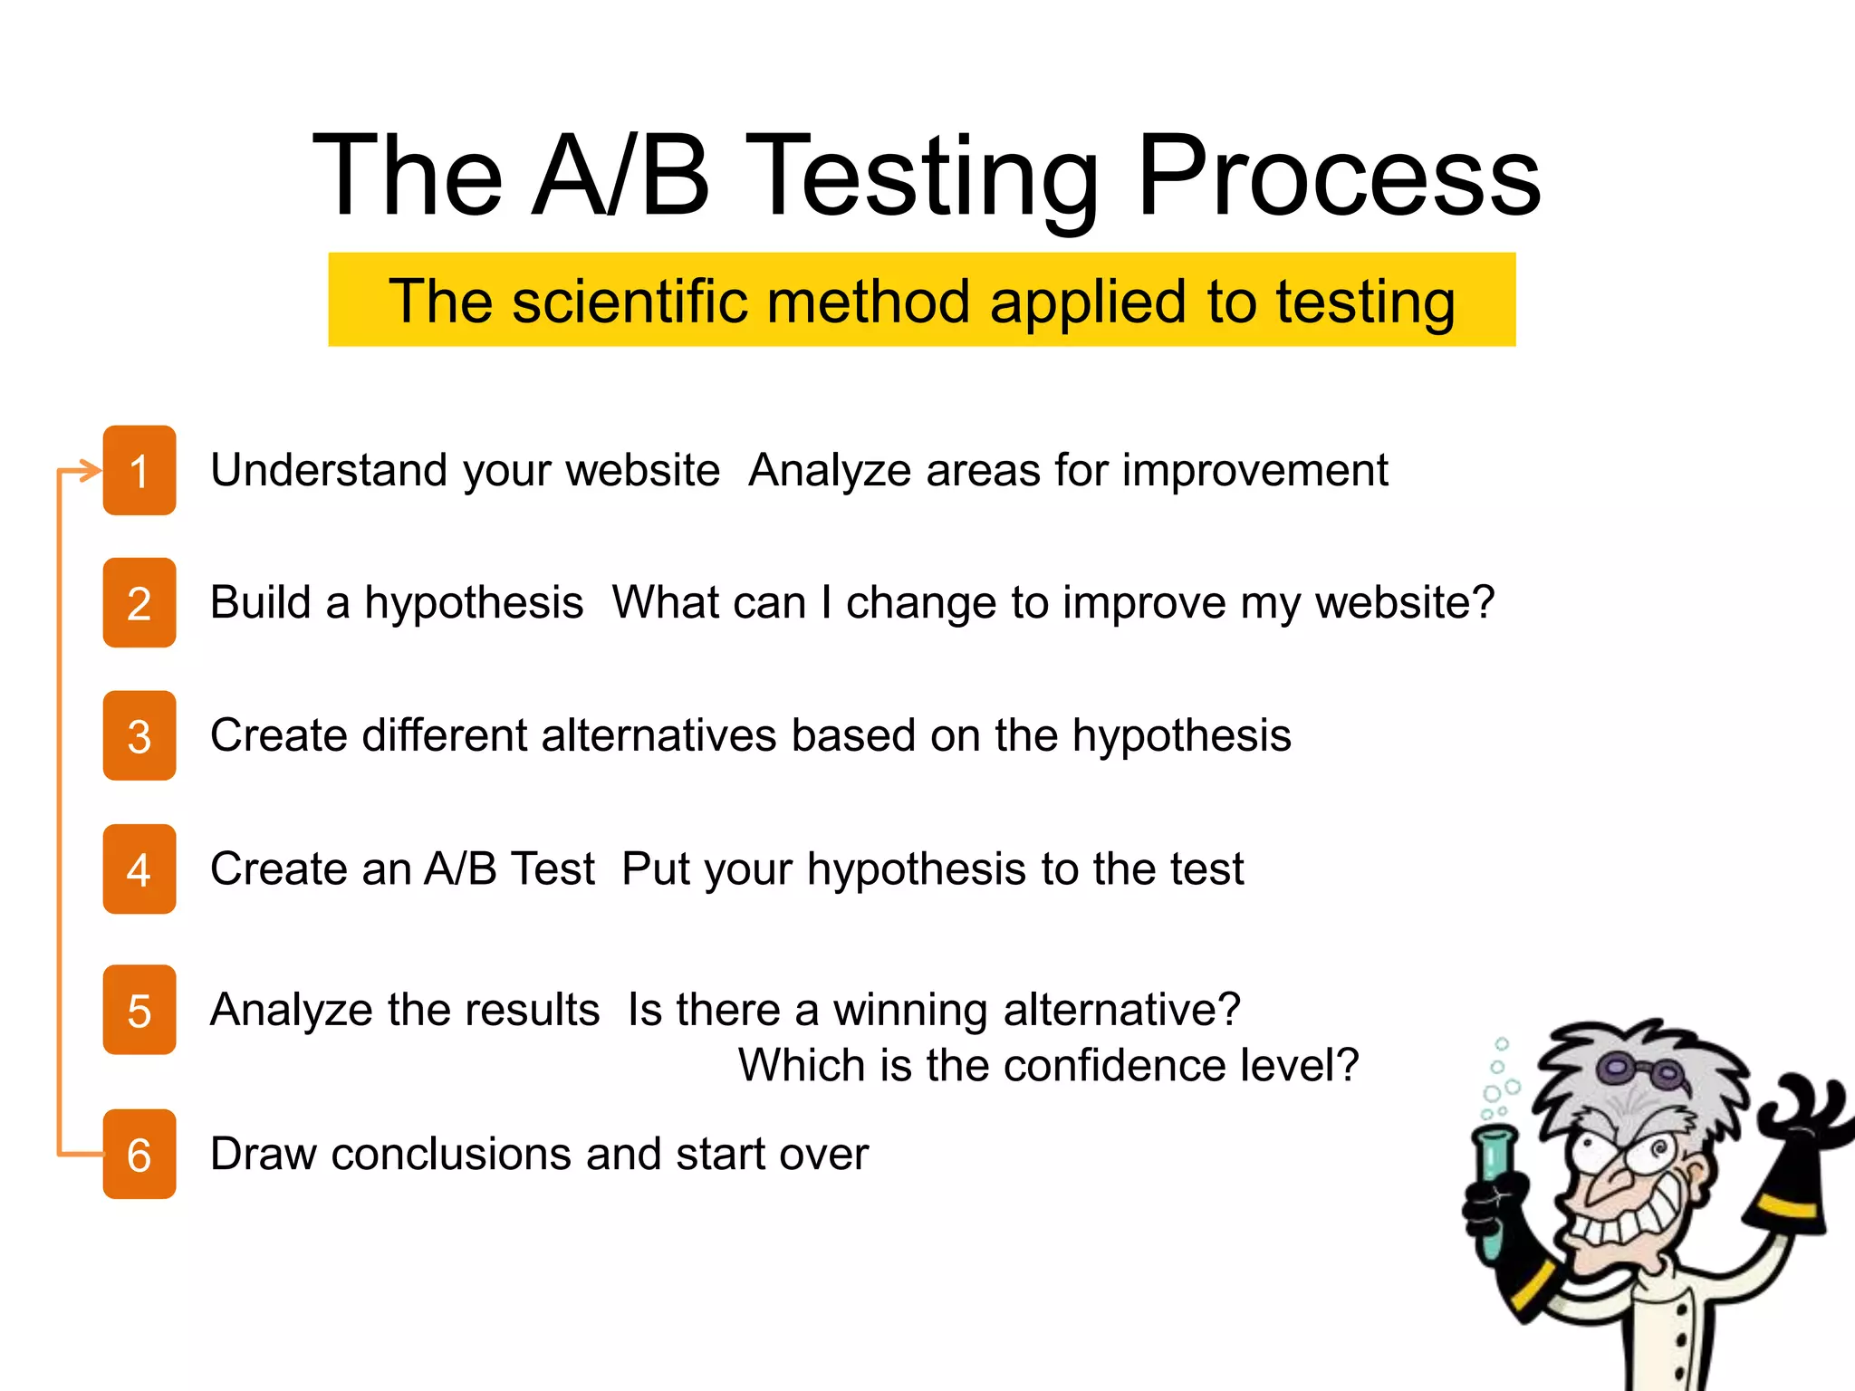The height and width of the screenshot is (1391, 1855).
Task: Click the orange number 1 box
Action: (139, 470)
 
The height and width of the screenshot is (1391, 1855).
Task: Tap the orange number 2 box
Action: (139, 603)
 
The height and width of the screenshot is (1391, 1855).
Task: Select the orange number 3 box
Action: (139, 735)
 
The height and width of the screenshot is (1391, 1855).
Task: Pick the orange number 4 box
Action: (139, 868)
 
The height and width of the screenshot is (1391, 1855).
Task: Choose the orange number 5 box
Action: (139, 1010)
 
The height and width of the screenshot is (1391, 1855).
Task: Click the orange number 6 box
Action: (139, 1154)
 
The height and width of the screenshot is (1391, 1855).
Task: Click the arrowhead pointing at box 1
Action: (91, 471)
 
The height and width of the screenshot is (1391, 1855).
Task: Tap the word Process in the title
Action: (1338, 177)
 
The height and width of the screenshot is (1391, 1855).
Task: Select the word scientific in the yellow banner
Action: (630, 301)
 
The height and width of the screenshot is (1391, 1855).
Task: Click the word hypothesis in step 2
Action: (474, 603)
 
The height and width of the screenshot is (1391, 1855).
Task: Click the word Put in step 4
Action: (657, 869)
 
